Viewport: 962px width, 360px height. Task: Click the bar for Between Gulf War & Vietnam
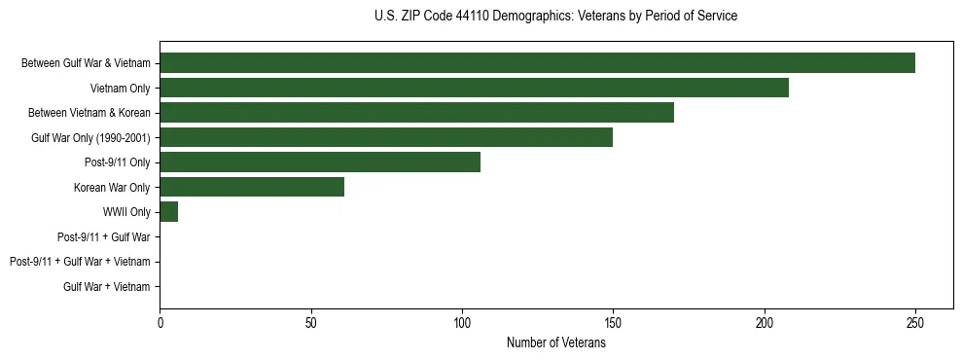click(x=537, y=63)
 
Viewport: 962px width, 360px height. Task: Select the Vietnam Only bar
click(x=474, y=88)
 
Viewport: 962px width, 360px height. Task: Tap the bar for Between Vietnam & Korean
click(x=416, y=113)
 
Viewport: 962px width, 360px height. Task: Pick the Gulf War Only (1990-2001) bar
click(x=386, y=137)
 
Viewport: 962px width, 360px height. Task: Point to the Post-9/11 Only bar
click(x=320, y=162)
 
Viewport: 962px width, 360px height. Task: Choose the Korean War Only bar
click(x=252, y=187)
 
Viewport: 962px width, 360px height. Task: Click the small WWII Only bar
click(x=169, y=212)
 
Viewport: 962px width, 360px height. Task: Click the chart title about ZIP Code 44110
click(x=555, y=17)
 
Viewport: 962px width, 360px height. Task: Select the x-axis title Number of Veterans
click(x=555, y=342)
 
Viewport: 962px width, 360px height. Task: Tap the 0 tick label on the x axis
click(x=160, y=322)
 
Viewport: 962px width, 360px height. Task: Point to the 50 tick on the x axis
click(x=311, y=322)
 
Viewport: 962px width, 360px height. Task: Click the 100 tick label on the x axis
click(x=462, y=322)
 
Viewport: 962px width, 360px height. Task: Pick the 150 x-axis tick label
click(x=613, y=322)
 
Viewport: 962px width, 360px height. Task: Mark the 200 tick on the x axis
click(x=765, y=322)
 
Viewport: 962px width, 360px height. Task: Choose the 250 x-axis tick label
click(x=915, y=322)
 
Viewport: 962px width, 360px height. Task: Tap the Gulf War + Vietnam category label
click(x=107, y=286)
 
